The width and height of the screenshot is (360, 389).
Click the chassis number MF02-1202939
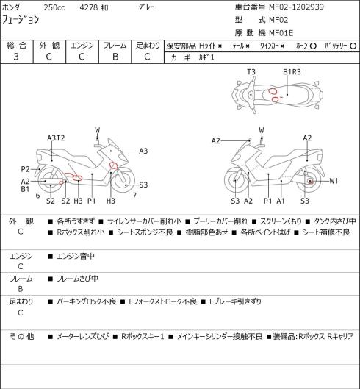[296, 7]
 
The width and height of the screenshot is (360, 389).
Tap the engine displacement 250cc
[54, 7]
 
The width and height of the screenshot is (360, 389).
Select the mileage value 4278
[89, 7]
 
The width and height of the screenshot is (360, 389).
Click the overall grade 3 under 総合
[16, 57]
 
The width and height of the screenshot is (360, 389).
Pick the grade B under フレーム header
[115, 57]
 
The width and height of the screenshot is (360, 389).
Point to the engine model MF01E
[281, 33]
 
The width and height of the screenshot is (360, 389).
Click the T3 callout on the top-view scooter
[251, 72]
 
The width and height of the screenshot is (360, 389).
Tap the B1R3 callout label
[292, 72]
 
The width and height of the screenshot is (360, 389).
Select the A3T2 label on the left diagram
[56, 138]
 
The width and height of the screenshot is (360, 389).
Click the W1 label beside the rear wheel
[334, 181]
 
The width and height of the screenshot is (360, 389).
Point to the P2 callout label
[25, 169]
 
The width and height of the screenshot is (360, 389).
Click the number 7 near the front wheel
[134, 196]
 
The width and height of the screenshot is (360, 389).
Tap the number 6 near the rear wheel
[37, 196]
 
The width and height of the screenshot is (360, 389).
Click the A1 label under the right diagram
[281, 201]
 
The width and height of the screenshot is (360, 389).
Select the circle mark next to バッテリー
[353, 46]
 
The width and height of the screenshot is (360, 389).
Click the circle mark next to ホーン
[313, 46]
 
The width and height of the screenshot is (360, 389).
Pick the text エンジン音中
[76, 256]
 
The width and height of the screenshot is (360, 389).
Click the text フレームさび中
[77, 279]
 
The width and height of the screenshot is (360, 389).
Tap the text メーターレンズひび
[83, 336]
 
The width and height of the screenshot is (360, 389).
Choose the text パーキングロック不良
[87, 301]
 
